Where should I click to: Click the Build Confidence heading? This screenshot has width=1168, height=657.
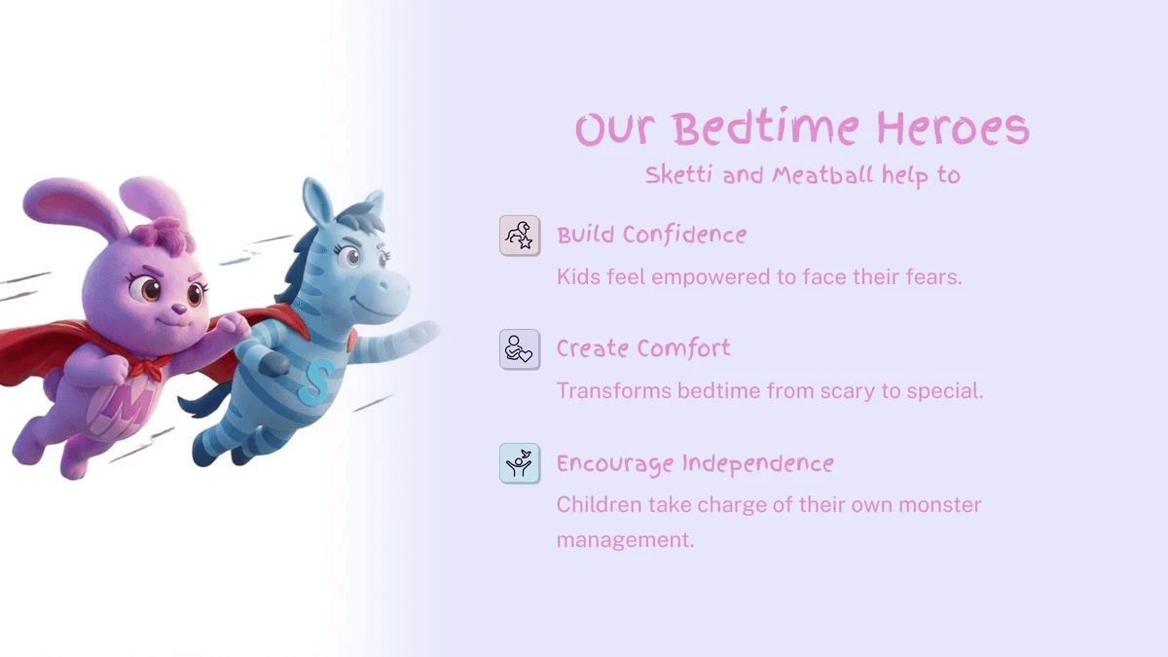click(651, 236)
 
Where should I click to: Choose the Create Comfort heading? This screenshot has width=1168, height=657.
click(642, 349)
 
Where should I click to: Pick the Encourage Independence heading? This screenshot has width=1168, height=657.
click(694, 464)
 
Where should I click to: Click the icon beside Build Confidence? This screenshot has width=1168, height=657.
click(519, 236)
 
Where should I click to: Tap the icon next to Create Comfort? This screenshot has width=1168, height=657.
click(519, 349)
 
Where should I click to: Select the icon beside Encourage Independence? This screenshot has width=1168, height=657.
click(519, 463)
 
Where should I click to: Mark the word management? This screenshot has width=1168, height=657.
click(625, 539)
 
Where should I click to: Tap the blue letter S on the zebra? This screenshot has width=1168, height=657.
click(315, 382)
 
